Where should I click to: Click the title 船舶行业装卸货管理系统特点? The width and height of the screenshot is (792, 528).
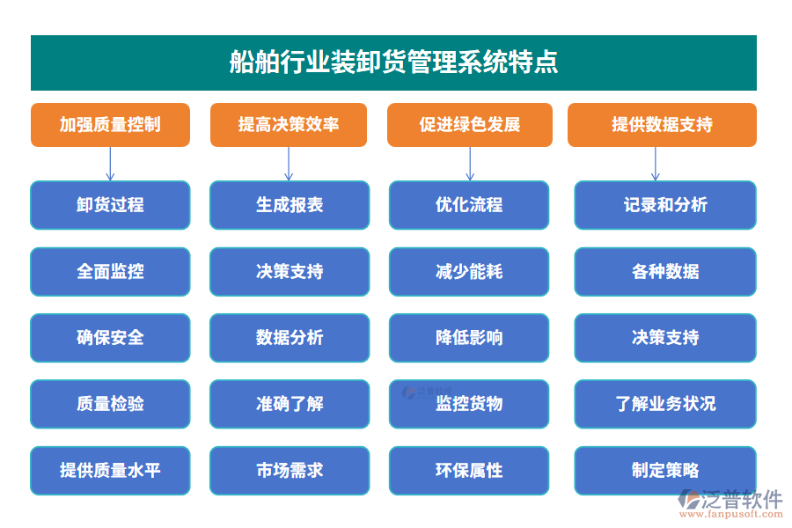pyautogui.click(x=393, y=62)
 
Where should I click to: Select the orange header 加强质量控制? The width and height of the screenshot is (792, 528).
pyautogui.click(x=110, y=125)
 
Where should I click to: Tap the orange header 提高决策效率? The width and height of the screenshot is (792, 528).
pyautogui.click(x=289, y=125)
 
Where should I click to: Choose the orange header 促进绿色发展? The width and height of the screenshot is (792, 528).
pyautogui.click(x=470, y=125)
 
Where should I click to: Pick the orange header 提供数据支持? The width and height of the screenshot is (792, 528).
pyautogui.click(x=662, y=125)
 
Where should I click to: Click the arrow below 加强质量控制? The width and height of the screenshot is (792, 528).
pyautogui.click(x=110, y=164)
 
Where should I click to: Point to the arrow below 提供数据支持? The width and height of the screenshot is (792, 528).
pyautogui.click(x=655, y=164)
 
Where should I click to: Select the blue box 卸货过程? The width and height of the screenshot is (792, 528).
pyautogui.click(x=110, y=205)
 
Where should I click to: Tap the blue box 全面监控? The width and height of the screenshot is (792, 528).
pyautogui.click(x=110, y=271)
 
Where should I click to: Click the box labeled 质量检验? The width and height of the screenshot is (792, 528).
pyautogui.click(x=110, y=404)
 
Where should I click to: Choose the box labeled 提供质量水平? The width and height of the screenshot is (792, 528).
pyautogui.click(x=110, y=470)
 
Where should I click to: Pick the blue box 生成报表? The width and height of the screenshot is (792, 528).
pyautogui.click(x=290, y=205)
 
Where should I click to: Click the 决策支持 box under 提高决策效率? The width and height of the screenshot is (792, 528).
pyautogui.click(x=290, y=271)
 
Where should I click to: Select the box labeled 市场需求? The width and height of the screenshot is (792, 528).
pyautogui.click(x=290, y=470)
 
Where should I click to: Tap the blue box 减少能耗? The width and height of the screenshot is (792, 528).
pyautogui.click(x=469, y=271)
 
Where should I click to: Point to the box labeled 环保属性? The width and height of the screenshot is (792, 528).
pyautogui.click(x=469, y=470)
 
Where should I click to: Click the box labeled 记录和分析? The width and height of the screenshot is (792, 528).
pyautogui.click(x=665, y=205)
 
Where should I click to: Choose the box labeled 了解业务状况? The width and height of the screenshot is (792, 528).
pyautogui.click(x=665, y=404)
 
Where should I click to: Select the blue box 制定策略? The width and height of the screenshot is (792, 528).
pyautogui.click(x=665, y=470)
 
